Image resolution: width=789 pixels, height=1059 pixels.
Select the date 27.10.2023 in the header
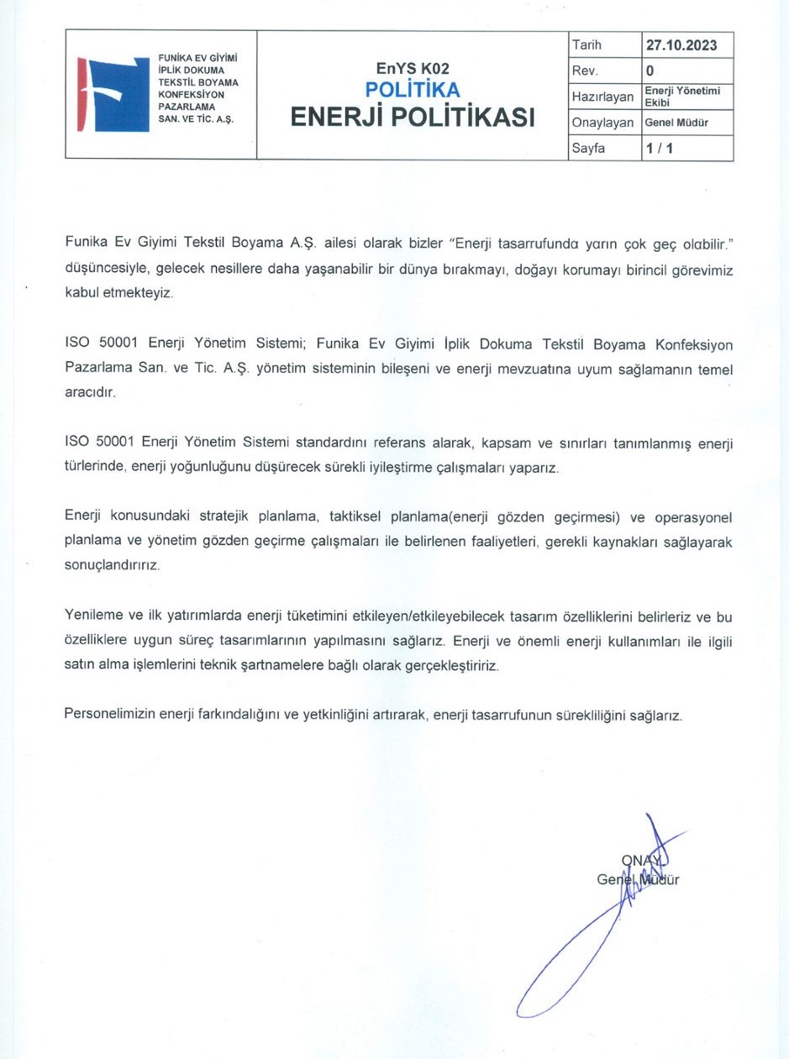tap(681, 45)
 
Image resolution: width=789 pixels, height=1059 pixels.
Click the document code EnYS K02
tap(413, 69)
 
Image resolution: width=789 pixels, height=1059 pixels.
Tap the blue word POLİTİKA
tap(413, 90)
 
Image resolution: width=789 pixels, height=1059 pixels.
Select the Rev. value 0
tap(650, 70)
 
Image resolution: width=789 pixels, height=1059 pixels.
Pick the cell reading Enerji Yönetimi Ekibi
tap(682, 96)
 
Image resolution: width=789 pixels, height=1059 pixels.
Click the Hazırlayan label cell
tap(602, 97)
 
